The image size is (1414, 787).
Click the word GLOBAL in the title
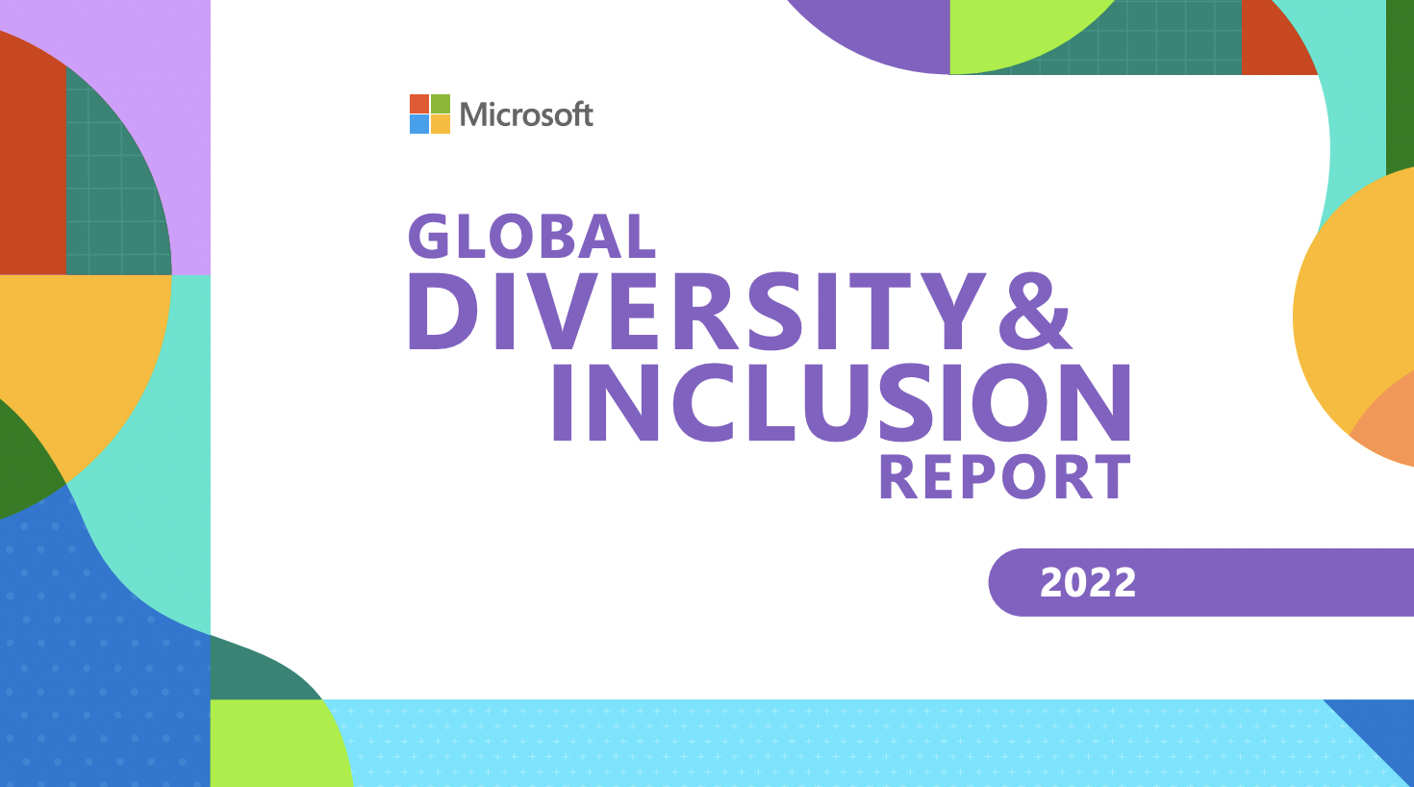pos(532,237)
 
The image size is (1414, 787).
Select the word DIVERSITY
pos(696,312)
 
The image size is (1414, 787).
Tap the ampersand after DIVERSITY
pos(1035,312)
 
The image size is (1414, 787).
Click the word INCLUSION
pos(842,402)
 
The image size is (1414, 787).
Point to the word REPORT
pos(1004,477)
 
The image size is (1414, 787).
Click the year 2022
pos(1088,582)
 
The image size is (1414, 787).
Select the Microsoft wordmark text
pos(526,114)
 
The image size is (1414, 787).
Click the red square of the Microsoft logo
pos(419,104)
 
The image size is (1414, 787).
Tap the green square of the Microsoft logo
pos(441,104)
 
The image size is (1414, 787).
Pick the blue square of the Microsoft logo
pos(419,124)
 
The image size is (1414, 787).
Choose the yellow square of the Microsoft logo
pos(441,124)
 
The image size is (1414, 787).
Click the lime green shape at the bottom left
pos(274,744)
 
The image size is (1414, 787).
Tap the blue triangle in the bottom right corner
pos(1382,733)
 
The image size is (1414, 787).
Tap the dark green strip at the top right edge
pos(1400,86)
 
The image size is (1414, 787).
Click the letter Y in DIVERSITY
pos(948,312)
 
